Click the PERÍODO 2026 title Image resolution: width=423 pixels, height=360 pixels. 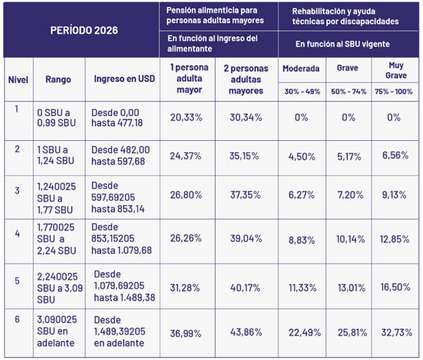tap(83, 31)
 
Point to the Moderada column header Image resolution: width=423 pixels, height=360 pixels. tap(301, 69)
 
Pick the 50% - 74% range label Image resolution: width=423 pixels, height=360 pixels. tap(348, 92)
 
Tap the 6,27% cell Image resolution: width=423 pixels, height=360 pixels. tap(301, 195)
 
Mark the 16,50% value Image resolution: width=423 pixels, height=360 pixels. tap(396, 287)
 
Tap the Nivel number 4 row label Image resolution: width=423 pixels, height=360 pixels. tap(16, 230)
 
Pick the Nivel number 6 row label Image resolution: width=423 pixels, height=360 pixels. tap(16, 319)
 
